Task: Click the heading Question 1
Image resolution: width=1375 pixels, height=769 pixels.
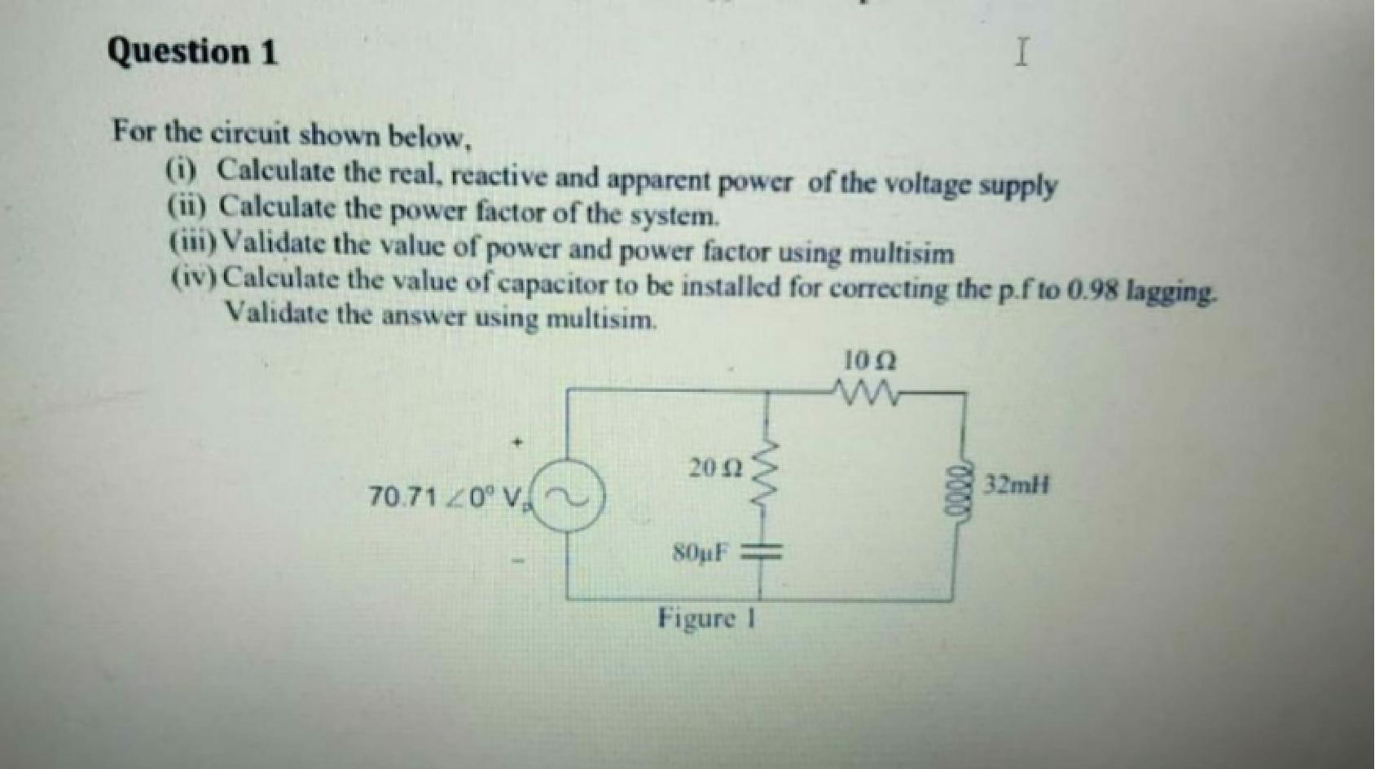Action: click(x=192, y=53)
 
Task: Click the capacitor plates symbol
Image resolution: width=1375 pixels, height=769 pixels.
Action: click(x=764, y=555)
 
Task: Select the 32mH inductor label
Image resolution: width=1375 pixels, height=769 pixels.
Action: click(x=1017, y=486)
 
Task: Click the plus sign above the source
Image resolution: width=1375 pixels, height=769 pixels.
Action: click(x=515, y=443)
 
